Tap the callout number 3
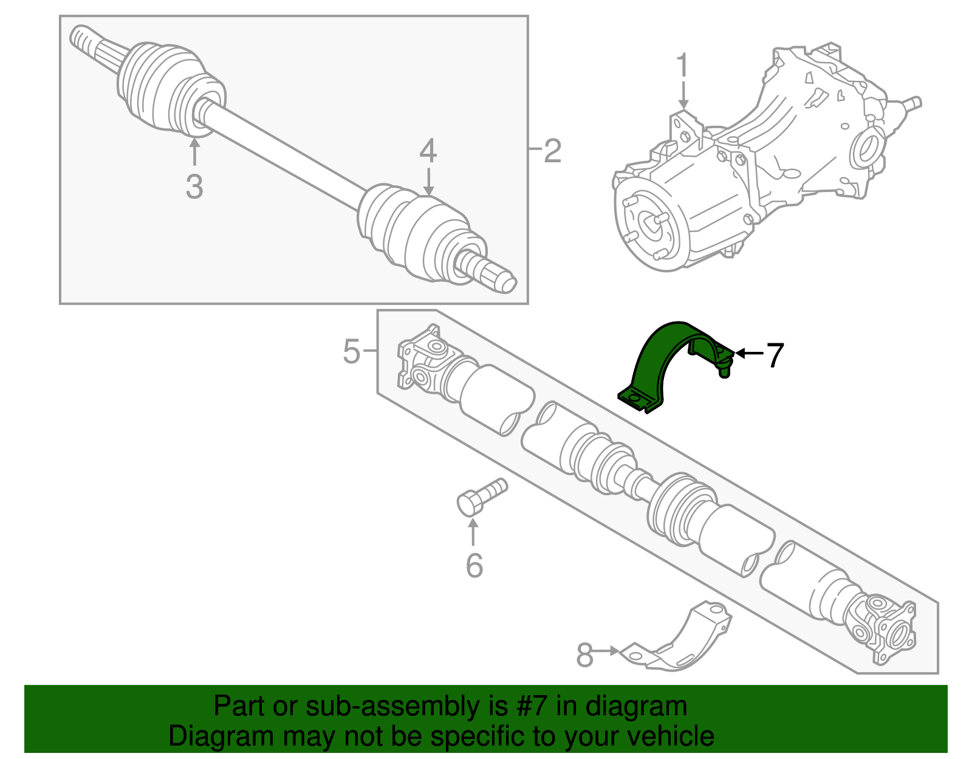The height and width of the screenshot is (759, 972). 194,186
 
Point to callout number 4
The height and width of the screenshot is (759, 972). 428,150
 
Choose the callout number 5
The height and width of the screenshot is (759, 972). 351,351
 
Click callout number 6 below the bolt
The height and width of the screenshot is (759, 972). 474,565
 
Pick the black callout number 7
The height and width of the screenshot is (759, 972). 775,355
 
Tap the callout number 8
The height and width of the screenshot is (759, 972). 584,655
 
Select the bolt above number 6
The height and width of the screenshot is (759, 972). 480,496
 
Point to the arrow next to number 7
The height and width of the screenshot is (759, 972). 748,353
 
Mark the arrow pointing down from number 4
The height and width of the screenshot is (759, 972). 429,182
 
